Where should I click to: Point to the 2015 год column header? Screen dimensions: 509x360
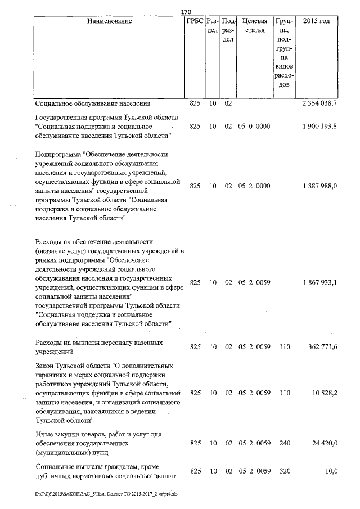coord(316,21)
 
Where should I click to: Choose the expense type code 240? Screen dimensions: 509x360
coord(284,443)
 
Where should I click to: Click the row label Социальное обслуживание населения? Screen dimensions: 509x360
coord(92,104)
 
